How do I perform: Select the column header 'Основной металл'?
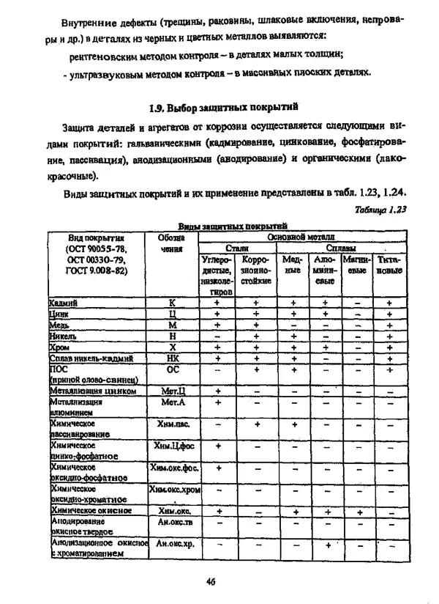301,237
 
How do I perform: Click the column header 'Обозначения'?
170,243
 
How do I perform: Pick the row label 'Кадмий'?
64,302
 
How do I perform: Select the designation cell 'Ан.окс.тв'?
174,522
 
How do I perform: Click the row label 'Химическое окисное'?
91,510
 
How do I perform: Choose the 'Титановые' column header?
389,265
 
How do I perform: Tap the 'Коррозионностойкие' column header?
256,270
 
